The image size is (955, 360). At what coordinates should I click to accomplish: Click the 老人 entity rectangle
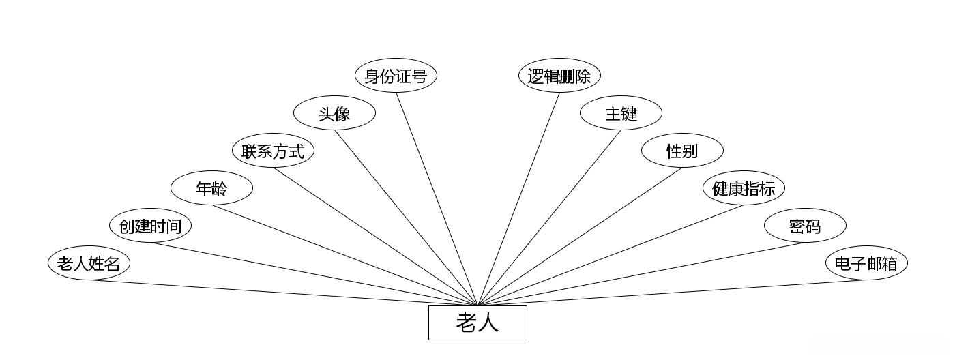477,322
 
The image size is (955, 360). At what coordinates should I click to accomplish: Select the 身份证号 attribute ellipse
396,76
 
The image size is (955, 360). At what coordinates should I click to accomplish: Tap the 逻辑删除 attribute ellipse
559,76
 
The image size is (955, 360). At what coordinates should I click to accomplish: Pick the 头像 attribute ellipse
334,113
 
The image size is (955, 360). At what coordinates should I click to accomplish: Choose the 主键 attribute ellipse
621,113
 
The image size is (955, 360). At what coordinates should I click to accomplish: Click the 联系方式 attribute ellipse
273,151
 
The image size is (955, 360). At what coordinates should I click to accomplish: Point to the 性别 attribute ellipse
682,151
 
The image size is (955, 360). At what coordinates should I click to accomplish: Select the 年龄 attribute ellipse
211,188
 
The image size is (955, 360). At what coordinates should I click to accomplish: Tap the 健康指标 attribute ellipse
744,188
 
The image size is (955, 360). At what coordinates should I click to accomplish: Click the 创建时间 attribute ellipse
150,226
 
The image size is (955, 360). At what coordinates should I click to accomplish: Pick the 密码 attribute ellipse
805,226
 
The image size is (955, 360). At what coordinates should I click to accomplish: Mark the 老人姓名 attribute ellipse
89,263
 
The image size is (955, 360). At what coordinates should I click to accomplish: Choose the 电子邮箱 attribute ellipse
866,263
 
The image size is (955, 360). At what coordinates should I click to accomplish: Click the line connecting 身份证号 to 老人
437,198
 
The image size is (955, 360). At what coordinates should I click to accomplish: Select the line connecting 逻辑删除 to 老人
518,198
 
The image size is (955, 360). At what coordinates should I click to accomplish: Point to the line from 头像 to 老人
406,217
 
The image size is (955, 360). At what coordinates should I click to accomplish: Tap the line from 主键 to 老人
549,217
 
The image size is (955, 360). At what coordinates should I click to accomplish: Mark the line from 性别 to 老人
580,236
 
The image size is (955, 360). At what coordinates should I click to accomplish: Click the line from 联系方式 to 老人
375,236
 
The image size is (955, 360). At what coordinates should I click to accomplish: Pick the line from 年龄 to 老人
344,255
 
